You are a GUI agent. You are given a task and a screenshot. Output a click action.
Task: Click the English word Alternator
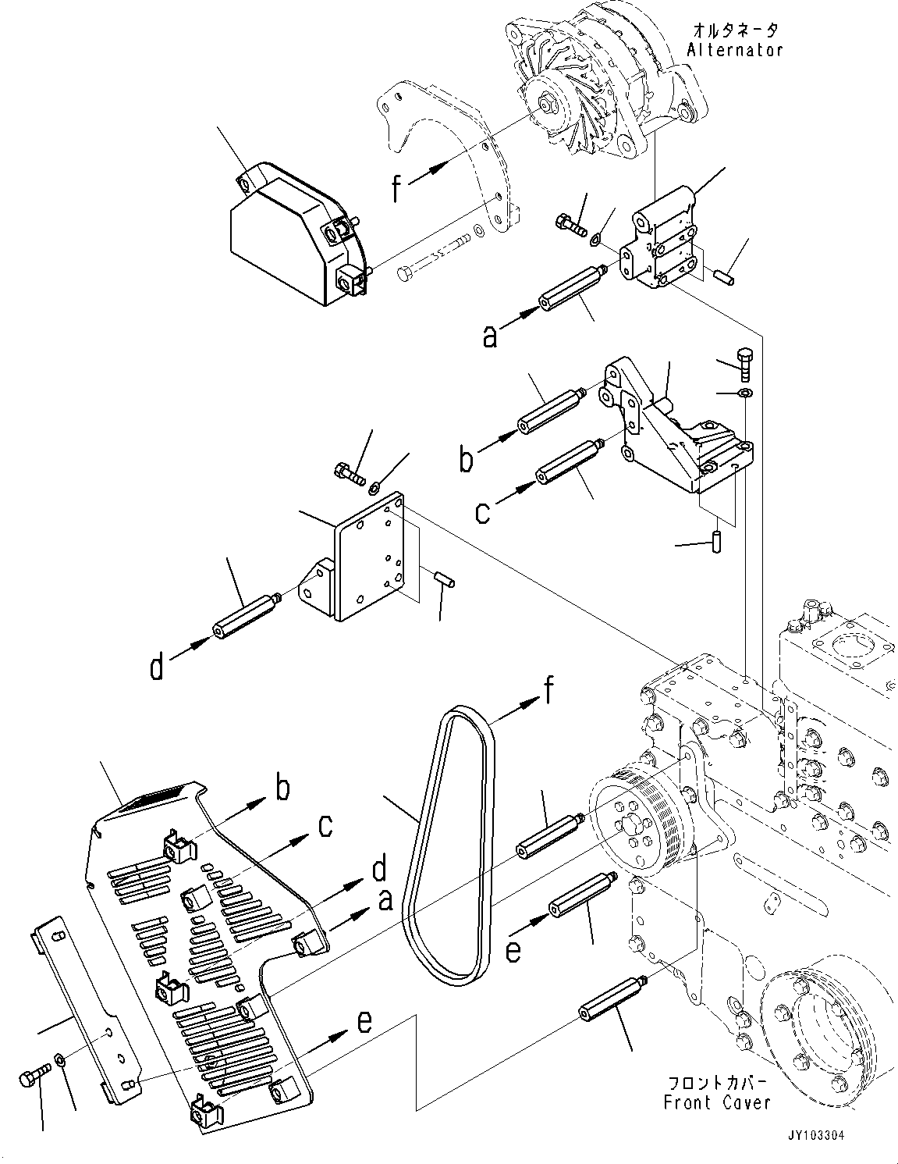tap(734, 50)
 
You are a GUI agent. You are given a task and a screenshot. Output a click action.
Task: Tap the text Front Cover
tap(716, 1102)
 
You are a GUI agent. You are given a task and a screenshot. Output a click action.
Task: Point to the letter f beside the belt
tap(548, 692)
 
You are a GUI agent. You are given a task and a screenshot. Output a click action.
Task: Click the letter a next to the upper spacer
tap(490, 337)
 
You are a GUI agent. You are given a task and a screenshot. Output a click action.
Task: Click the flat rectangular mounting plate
tap(369, 557)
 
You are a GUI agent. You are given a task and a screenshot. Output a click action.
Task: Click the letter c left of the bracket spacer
tap(482, 513)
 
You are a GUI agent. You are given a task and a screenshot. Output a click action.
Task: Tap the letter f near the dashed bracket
tap(396, 187)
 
